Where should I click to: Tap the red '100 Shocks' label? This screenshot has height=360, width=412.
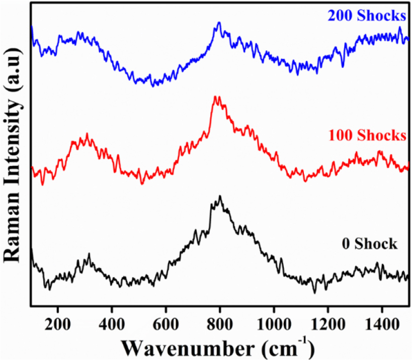click(367, 135)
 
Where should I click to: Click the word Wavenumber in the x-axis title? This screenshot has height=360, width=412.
click(179, 346)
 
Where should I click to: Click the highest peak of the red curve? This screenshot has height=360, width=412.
click(216, 97)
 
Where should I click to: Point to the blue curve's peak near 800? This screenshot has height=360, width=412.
click(219, 23)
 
